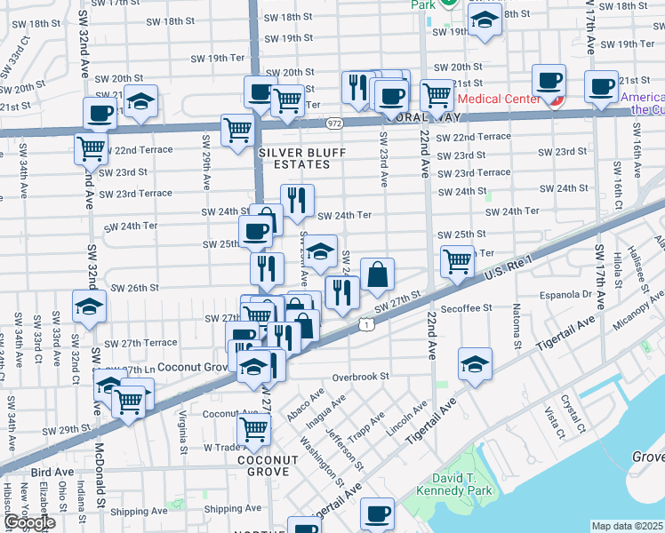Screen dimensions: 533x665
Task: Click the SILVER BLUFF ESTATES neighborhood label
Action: pyautogui.click(x=300, y=158)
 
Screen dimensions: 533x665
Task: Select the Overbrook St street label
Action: pyautogui.click(x=361, y=376)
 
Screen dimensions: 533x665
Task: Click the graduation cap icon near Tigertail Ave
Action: pyautogui.click(x=475, y=363)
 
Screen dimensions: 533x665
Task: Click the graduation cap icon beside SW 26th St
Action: pyautogui.click(x=89, y=306)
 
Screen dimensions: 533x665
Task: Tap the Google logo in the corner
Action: pyautogui.click(x=28, y=522)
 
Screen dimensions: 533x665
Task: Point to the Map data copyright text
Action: pyautogui.click(x=628, y=526)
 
